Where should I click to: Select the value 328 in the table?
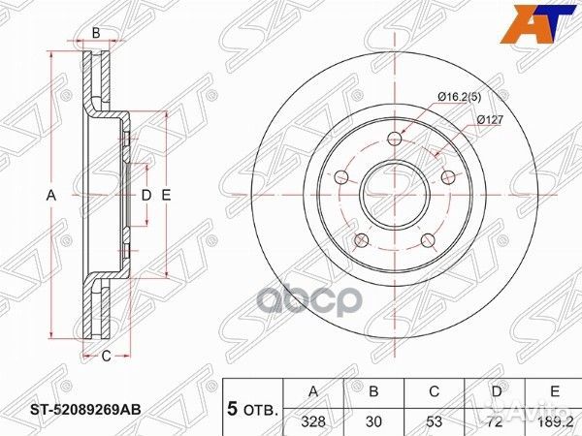pos(311,422)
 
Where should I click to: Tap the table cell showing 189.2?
pos(556,422)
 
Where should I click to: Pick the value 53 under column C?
pos(433,422)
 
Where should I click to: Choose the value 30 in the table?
pos(372,422)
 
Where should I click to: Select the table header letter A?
pos(311,392)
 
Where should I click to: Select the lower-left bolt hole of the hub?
pos(361,239)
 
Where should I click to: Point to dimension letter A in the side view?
pos(52,196)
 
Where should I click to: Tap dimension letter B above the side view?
pos(96,34)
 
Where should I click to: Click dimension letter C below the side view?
pos(107,356)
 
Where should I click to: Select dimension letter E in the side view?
pos(166,196)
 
